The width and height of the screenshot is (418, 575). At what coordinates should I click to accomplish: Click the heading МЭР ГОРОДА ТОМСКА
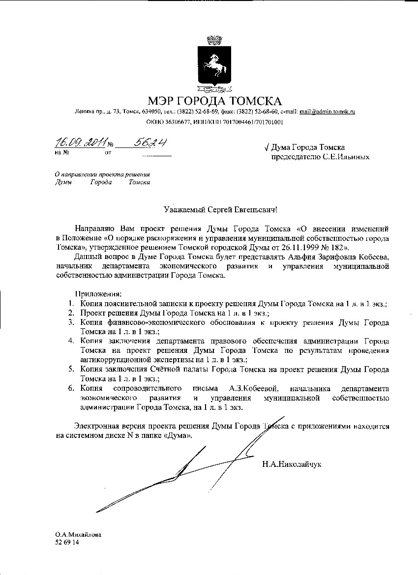tap(215, 101)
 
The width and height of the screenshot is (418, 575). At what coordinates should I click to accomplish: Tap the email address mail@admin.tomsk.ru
tap(327, 112)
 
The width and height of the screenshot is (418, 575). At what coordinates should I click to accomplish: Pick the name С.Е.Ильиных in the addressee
tap(350, 157)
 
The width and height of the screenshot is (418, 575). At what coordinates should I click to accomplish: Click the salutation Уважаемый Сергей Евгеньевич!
tap(220, 210)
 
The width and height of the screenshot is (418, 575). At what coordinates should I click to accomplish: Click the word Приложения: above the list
tap(97, 294)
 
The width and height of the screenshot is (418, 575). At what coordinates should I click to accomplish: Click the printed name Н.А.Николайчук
tap(292, 463)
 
